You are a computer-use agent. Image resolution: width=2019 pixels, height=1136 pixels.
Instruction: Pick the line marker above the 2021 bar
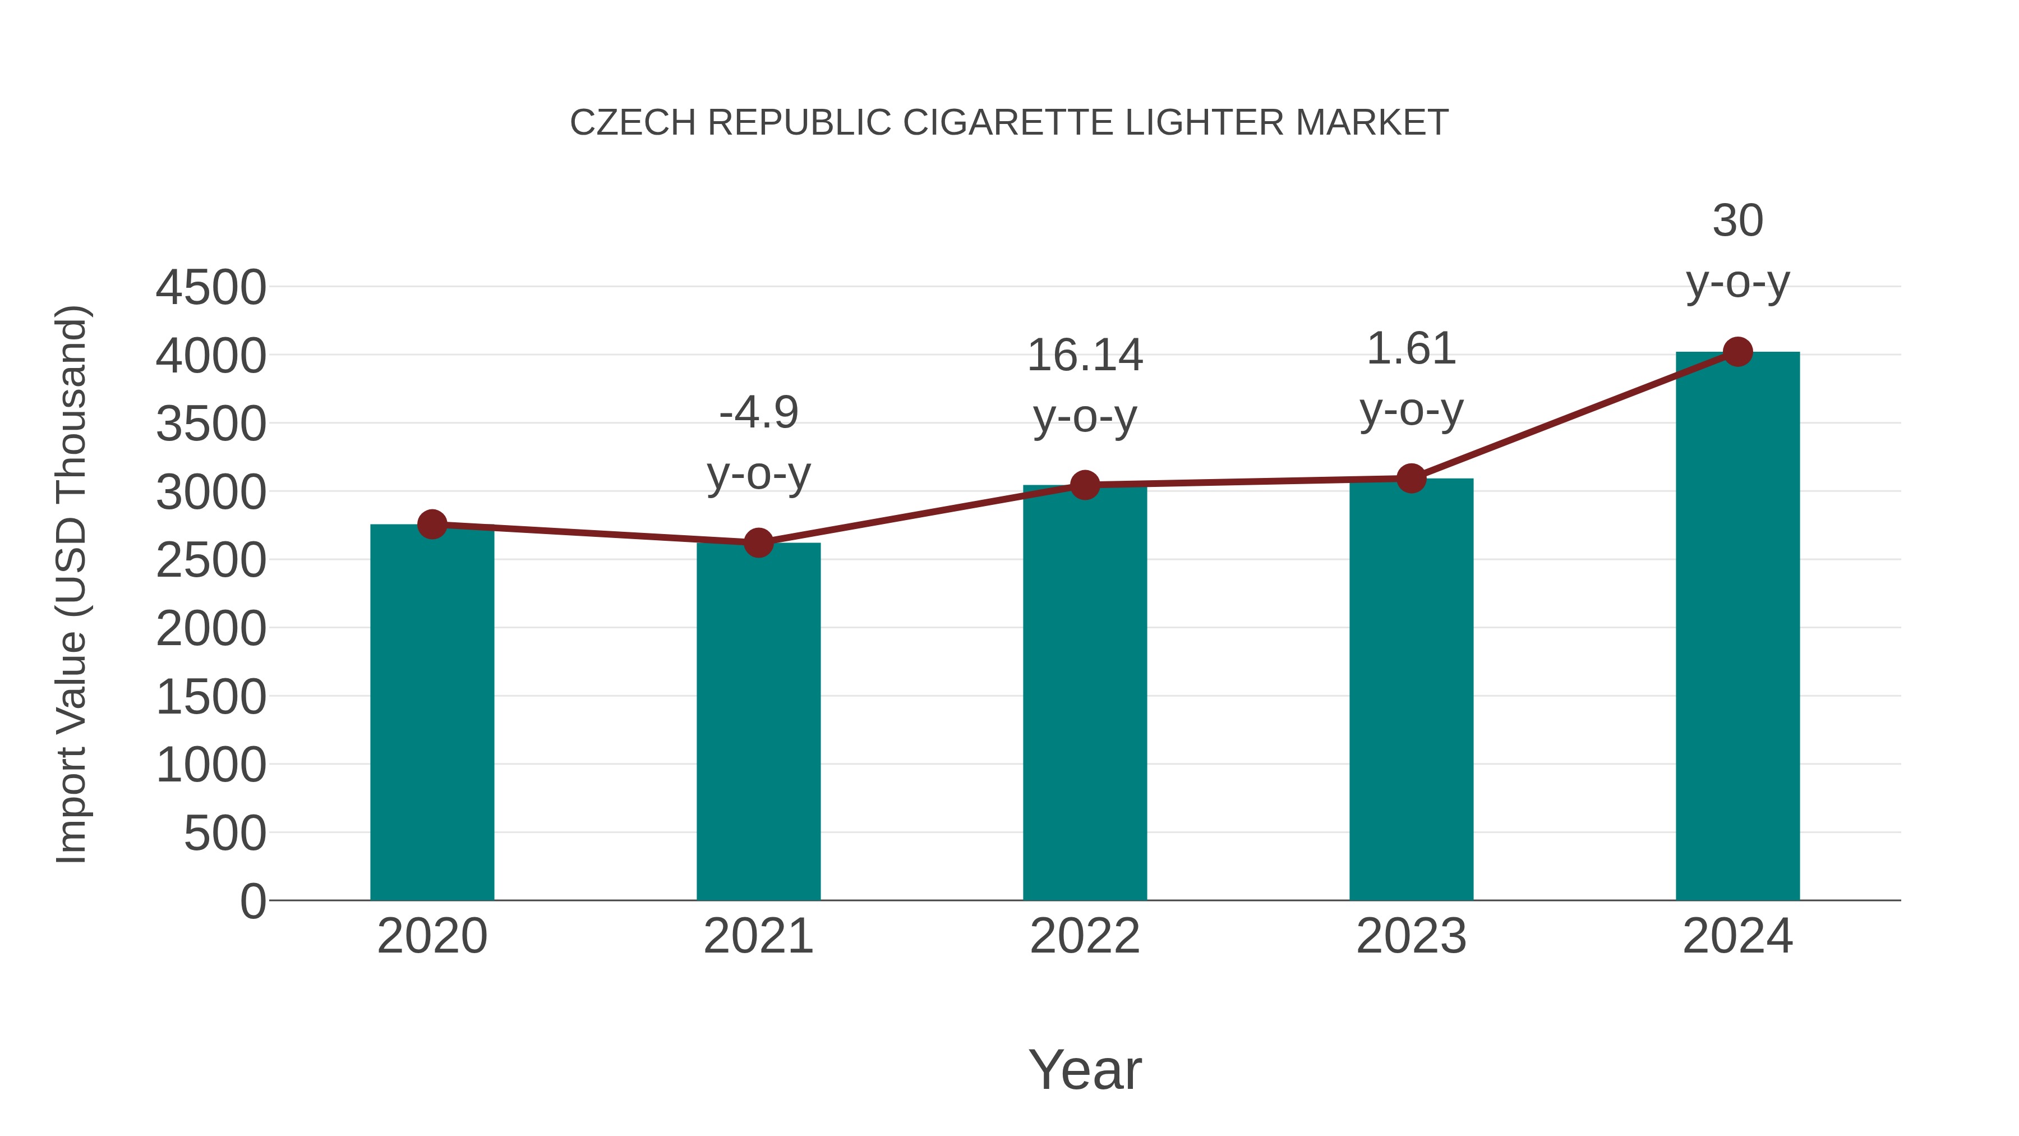click(x=758, y=542)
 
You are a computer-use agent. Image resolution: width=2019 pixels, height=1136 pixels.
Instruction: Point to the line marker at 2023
click(x=1411, y=478)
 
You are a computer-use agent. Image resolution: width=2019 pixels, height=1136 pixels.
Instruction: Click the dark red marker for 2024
click(x=1737, y=352)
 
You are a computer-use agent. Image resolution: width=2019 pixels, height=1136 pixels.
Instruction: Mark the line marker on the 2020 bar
click(x=432, y=524)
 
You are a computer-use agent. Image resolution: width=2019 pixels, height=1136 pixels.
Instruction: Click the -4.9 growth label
click(x=758, y=412)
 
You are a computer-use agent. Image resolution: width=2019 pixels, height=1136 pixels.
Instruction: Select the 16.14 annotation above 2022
click(x=1085, y=355)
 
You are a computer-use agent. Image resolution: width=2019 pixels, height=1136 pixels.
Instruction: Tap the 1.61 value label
click(x=1411, y=349)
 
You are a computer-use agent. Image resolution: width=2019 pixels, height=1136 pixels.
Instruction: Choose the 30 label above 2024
click(x=1737, y=221)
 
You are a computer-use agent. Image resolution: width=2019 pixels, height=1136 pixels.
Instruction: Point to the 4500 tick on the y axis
click(x=211, y=288)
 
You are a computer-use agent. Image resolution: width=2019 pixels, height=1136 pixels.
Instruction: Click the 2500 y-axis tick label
click(x=211, y=560)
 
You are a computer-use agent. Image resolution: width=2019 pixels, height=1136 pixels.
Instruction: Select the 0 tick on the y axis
click(x=253, y=901)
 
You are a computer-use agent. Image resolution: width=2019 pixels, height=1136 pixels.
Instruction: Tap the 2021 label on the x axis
click(x=758, y=936)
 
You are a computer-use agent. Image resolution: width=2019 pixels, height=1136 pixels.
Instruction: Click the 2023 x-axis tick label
click(x=1411, y=936)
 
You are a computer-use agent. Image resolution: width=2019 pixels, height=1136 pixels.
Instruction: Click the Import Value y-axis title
click(x=71, y=584)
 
